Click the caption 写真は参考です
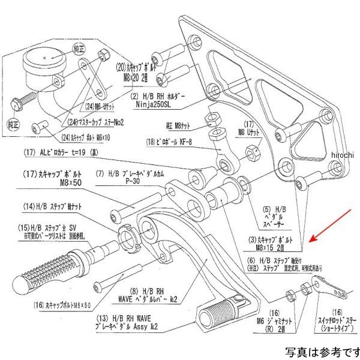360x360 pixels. coord(322,351)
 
